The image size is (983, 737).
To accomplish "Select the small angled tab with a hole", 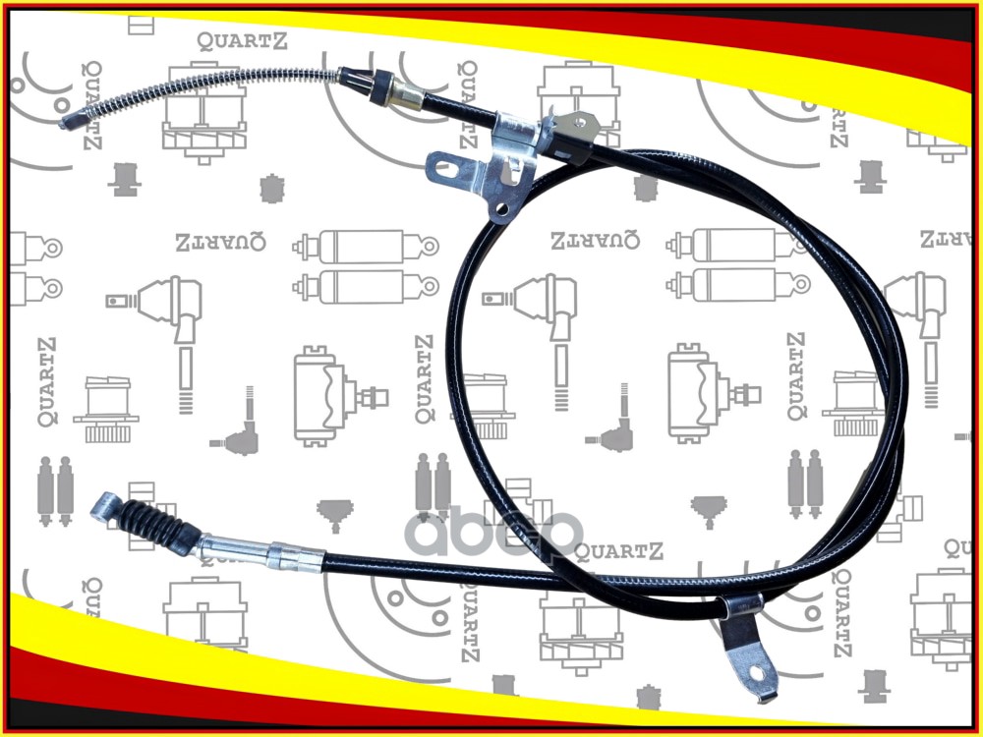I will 580,125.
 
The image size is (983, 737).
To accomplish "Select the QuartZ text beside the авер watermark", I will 619,551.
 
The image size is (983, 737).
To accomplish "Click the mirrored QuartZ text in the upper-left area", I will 219,242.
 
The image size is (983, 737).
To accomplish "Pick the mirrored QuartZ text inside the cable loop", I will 595,240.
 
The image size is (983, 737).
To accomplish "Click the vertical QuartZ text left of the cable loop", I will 424,378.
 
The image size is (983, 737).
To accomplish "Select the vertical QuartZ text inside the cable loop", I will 796,377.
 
